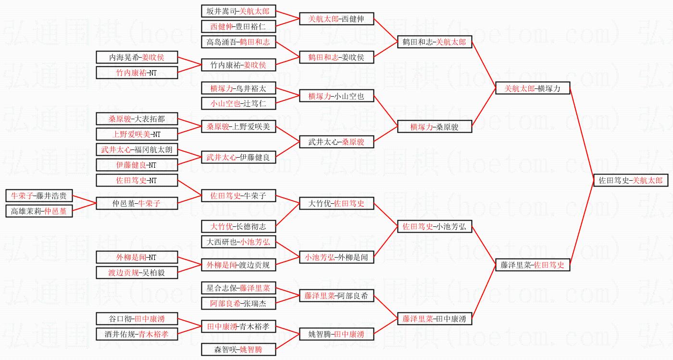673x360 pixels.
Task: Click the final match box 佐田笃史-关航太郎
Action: (631, 180)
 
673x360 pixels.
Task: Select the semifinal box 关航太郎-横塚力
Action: (533, 88)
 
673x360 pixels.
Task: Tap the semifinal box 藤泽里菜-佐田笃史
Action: (533, 265)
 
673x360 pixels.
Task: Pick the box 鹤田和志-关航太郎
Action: (435, 42)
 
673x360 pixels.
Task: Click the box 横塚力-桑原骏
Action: (435, 126)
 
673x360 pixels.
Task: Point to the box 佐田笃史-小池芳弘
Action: (435, 226)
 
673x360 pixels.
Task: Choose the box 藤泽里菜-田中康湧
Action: (435, 319)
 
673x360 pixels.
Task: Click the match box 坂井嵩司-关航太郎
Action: (238, 11)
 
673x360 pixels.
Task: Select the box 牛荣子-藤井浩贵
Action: (39, 196)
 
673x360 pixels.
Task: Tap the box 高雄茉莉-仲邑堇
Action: (39, 211)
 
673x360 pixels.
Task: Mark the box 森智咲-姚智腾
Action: (238, 349)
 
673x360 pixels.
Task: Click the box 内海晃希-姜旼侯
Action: (137, 57)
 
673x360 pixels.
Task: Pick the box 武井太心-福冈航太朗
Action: (137, 149)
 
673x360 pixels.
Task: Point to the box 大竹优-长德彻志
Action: (238, 226)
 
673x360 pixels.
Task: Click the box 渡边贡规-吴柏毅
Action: (137, 273)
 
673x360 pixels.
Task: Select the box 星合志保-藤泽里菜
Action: (238, 288)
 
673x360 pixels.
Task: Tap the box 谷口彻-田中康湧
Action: (137, 319)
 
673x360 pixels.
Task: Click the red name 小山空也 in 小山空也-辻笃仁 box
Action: (225, 104)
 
